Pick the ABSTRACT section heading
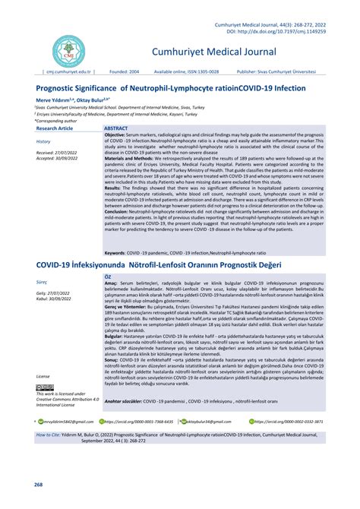(x=116, y=130)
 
